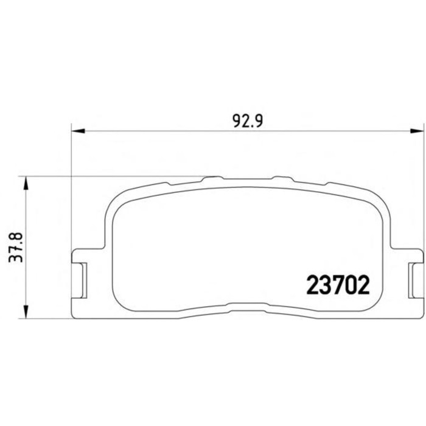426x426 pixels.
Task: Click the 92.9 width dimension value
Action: (248, 122)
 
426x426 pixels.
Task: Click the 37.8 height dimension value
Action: (16, 246)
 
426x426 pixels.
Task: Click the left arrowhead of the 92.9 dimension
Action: (78, 131)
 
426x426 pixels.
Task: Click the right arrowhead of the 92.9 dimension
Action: (417, 131)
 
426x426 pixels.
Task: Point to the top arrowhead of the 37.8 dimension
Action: (26, 183)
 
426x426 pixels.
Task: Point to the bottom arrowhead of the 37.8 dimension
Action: (26, 312)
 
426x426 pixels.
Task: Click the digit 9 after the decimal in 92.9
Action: (258, 122)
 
